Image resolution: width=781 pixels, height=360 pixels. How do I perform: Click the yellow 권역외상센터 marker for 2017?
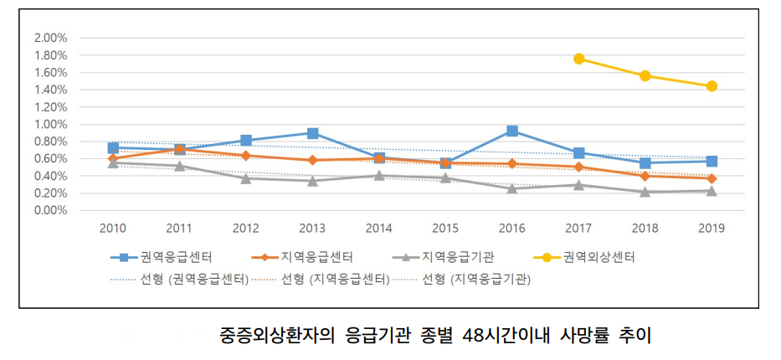pyautogui.click(x=578, y=59)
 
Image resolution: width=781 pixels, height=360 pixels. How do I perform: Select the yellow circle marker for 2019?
pyautogui.click(x=712, y=86)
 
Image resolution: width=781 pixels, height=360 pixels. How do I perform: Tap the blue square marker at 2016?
pyautogui.click(x=512, y=131)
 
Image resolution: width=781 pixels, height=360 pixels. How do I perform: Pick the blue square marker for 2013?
pyautogui.click(x=312, y=133)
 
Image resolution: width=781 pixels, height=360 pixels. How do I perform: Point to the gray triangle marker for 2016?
pyautogui.click(x=512, y=188)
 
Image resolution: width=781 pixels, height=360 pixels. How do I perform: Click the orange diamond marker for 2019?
pyautogui.click(x=712, y=178)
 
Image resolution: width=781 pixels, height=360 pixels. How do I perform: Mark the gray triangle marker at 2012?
pyautogui.click(x=246, y=178)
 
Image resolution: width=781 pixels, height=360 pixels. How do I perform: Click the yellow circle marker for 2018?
pyautogui.click(x=645, y=75)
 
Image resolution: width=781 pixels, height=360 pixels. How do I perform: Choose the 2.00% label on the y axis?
pyautogui.click(x=49, y=38)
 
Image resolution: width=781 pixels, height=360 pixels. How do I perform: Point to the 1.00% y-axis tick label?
pyautogui.click(x=49, y=124)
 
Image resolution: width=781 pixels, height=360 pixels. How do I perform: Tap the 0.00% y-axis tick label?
pyautogui.click(x=49, y=210)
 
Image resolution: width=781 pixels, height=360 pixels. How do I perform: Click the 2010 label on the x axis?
pyautogui.click(x=113, y=228)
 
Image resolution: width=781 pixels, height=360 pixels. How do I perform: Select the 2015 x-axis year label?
pyautogui.click(x=445, y=228)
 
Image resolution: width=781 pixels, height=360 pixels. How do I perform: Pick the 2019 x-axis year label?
pyautogui.click(x=712, y=228)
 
